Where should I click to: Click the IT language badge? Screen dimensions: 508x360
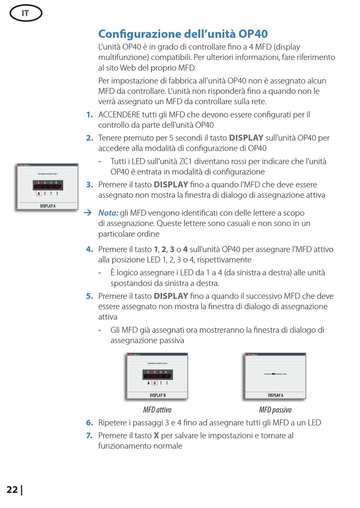[x=25, y=13]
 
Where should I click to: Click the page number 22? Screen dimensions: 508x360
[x=12, y=489]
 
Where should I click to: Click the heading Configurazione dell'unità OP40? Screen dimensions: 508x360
[x=183, y=34]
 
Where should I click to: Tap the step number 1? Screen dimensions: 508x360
[x=89, y=114]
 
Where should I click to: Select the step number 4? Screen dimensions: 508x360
[x=89, y=249]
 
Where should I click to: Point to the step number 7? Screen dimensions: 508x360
[x=89, y=436]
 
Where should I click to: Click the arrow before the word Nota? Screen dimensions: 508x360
[x=88, y=213]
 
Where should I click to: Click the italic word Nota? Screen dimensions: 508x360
[x=108, y=213]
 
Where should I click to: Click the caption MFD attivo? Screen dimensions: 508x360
[x=157, y=410]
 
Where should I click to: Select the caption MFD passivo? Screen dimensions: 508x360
[x=275, y=410]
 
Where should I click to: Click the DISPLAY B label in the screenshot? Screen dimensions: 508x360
[x=158, y=395]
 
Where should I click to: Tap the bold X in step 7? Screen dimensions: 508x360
[x=156, y=436]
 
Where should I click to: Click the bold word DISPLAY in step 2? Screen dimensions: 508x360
[x=246, y=138]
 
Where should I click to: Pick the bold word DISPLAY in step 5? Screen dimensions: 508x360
[x=171, y=296]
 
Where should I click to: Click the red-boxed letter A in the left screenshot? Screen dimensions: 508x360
[x=39, y=193]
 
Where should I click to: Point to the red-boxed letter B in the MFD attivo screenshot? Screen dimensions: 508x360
[x=155, y=383]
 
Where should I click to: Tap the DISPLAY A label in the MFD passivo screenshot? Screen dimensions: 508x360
[x=275, y=395]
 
